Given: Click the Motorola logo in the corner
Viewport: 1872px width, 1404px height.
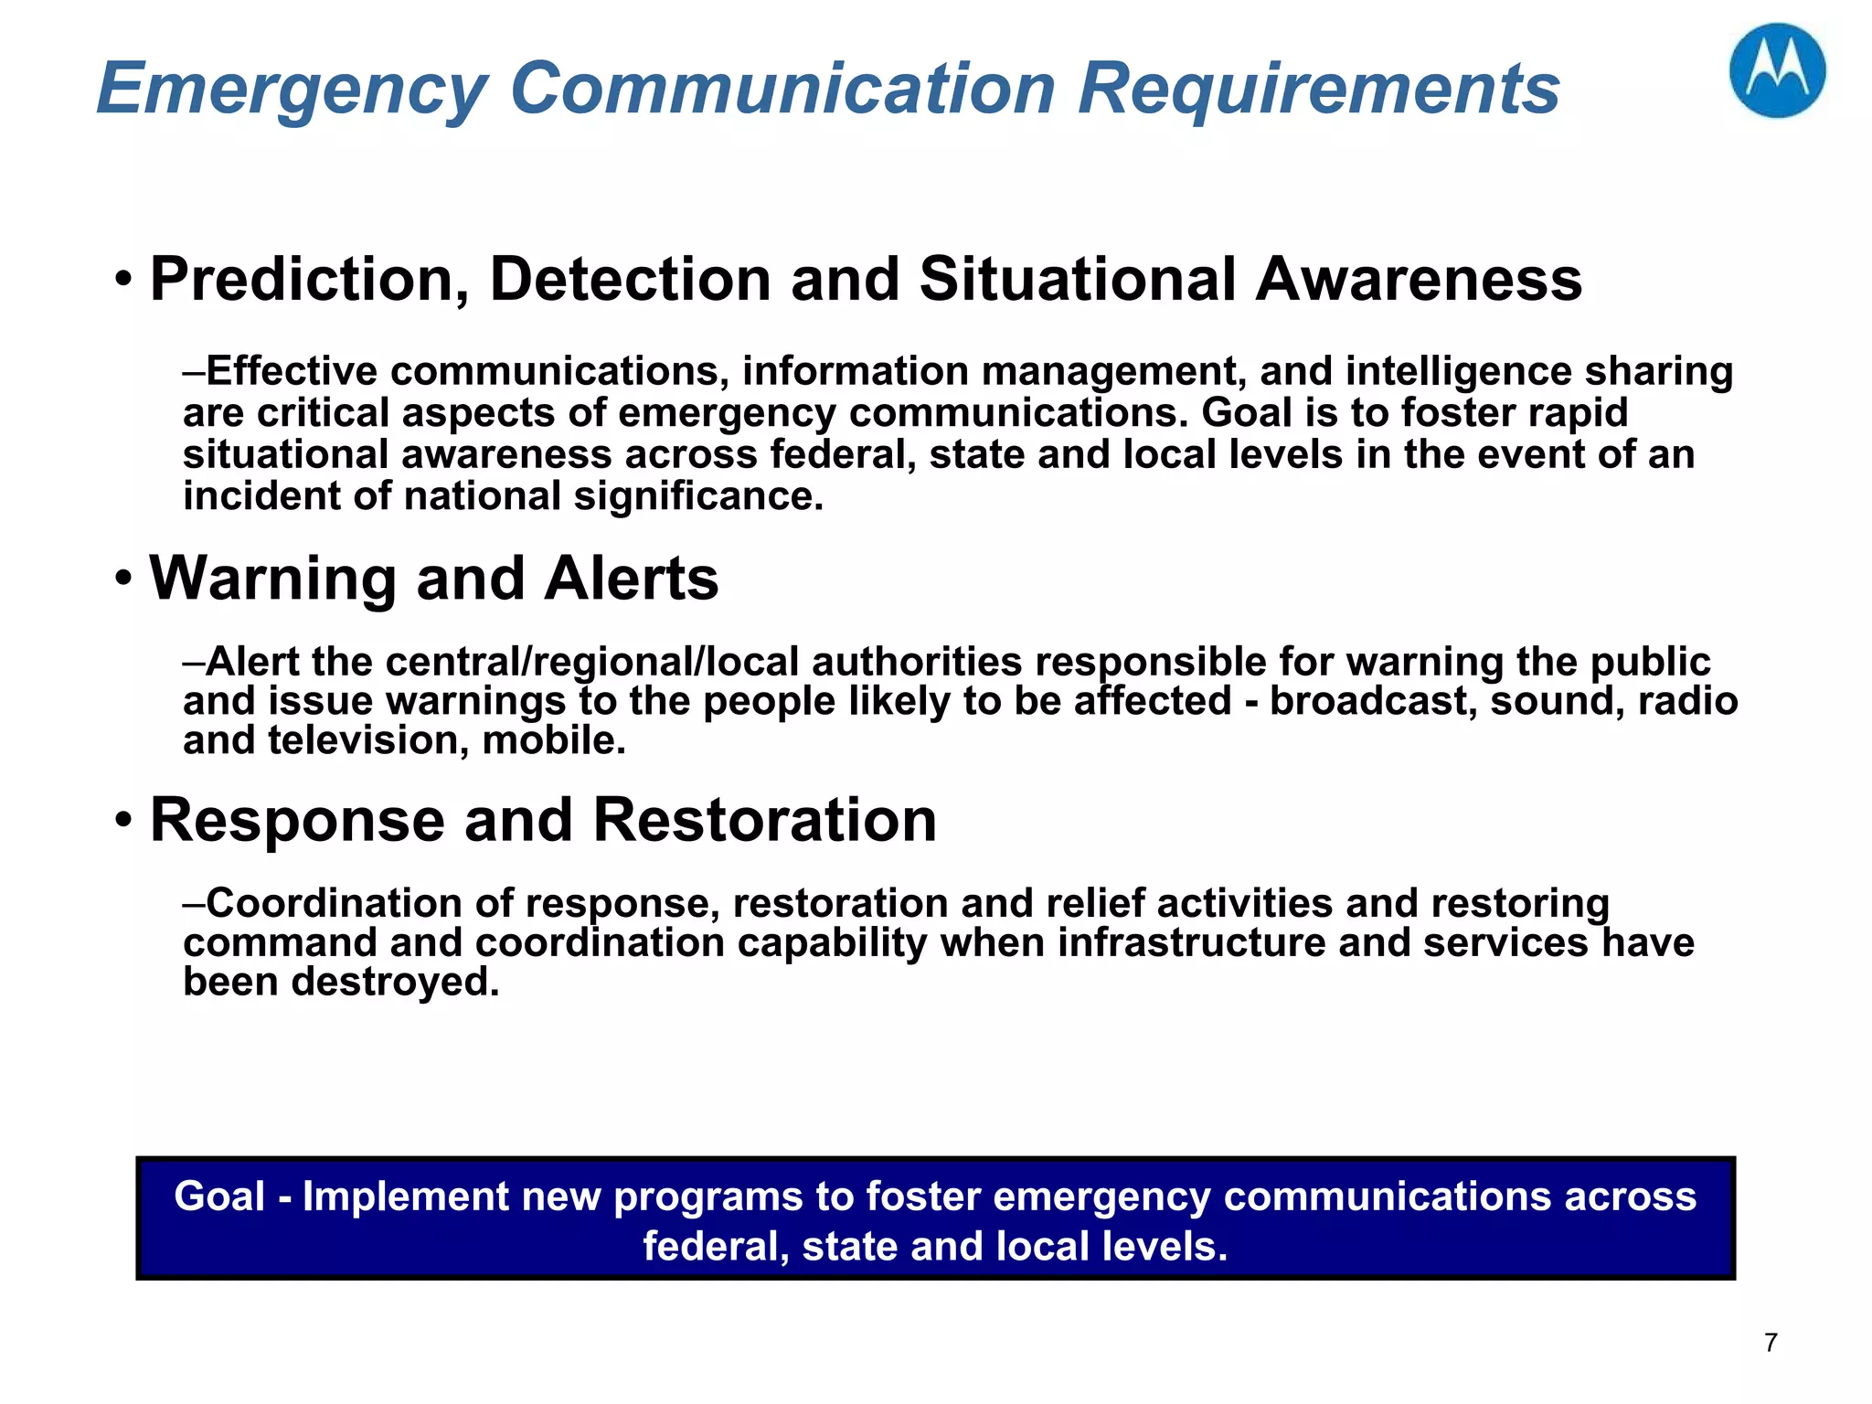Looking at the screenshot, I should pos(1777,70).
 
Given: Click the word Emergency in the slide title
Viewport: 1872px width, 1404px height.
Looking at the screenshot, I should pos(291,90).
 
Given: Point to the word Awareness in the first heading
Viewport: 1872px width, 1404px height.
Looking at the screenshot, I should pos(1419,279).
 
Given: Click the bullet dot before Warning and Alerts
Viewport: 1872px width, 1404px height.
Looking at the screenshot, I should pos(124,580).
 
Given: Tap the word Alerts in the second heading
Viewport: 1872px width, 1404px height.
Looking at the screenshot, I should pos(631,580).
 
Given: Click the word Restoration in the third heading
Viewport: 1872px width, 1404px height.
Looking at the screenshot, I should pos(764,820).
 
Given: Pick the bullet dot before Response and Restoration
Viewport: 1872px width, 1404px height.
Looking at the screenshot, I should pos(124,820).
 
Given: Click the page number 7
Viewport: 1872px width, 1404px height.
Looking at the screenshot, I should pos(1771,1343).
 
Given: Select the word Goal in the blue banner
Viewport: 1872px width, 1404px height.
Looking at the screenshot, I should pos(219,1197).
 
